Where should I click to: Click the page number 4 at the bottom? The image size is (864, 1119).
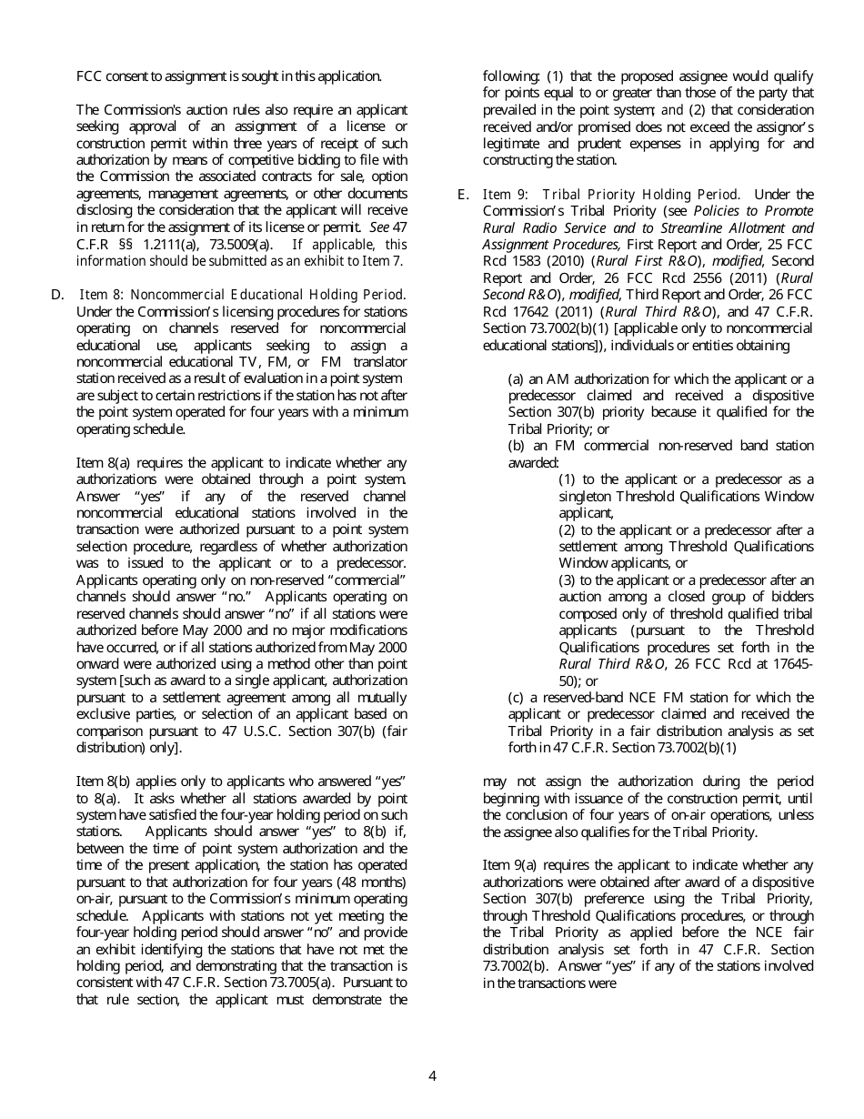[x=432, y=1076]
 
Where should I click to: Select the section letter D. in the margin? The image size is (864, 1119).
[x=57, y=294]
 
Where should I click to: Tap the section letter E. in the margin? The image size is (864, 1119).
[x=463, y=194]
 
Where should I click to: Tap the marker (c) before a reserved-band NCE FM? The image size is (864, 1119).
[x=517, y=697]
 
